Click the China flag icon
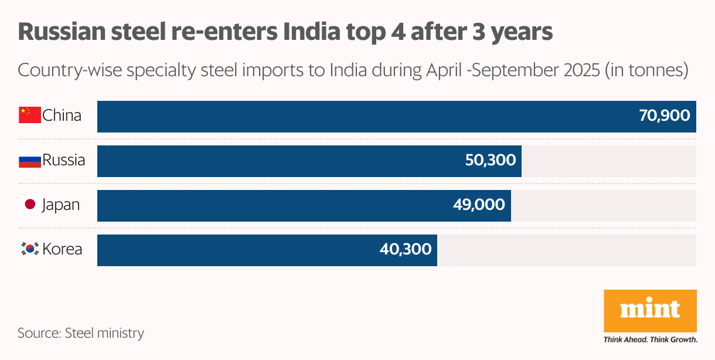click(x=30, y=116)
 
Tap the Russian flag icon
click(x=30, y=160)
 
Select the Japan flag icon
click(x=30, y=205)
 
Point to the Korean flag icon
click(x=30, y=249)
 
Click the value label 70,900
click(x=665, y=116)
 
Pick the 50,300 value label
click(x=490, y=161)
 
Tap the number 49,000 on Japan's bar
click(x=479, y=205)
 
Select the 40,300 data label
click(x=406, y=249)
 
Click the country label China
click(x=62, y=116)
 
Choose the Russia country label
click(x=63, y=160)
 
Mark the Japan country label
click(x=61, y=205)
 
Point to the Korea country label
click(x=62, y=249)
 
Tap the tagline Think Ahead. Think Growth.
click(x=651, y=339)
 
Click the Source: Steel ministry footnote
click(x=81, y=333)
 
